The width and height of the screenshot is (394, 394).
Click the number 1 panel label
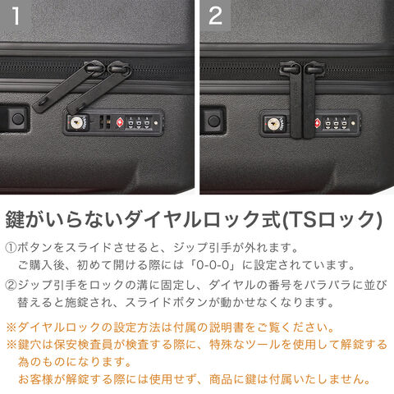[x=16, y=16]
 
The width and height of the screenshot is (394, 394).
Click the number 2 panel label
[x=215, y=16]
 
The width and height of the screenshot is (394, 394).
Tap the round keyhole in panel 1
[x=76, y=123]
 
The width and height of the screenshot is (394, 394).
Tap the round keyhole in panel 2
[x=273, y=125]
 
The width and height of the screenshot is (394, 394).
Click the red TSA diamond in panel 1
[x=120, y=122]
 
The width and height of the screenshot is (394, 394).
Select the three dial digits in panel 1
[x=139, y=122]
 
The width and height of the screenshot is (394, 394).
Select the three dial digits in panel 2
[x=336, y=123]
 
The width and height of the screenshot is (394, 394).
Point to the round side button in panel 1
[x=18, y=119]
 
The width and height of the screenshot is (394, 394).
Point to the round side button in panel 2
[x=213, y=121]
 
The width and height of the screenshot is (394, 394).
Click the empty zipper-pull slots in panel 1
[x=105, y=122]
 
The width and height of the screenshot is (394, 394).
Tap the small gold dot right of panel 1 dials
[x=156, y=123]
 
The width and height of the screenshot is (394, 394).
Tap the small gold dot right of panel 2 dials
[x=353, y=124]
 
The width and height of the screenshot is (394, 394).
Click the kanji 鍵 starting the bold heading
[x=16, y=219]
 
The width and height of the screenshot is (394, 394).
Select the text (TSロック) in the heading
[x=332, y=220]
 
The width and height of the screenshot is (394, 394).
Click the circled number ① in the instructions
[x=11, y=248]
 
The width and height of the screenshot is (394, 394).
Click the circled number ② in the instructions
[x=11, y=285]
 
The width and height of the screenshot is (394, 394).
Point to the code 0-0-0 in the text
[x=213, y=265]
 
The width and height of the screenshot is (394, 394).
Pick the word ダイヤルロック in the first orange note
[x=59, y=328]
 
